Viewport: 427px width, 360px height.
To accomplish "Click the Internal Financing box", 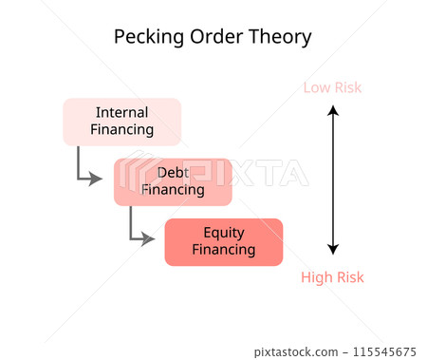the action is point(121,121).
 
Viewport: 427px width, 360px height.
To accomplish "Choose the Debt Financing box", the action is point(173,181).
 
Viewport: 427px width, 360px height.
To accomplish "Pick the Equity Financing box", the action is point(224,242).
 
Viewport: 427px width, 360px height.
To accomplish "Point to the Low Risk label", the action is point(332,87).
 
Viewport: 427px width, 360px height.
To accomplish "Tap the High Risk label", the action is point(332,277).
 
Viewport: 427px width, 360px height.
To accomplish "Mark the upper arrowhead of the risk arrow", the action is point(332,111).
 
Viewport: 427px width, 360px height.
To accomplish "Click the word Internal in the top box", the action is point(121,112).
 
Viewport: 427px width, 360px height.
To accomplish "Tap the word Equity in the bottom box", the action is point(224,233).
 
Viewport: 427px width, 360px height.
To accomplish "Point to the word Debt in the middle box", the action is point(173,172).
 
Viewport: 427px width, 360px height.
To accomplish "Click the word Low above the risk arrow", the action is point(317,87).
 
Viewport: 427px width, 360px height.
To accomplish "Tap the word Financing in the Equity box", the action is point(224,251).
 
